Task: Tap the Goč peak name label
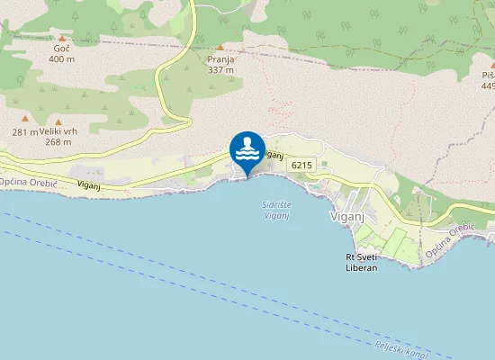click(61, 48)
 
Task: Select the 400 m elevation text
click(61, 59)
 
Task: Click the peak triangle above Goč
click(61, 37)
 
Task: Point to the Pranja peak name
click(220, 58)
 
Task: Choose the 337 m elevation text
click(220, 69)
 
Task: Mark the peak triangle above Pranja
click(220, 47)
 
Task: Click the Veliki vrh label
click(58, 130)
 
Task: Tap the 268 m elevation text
click(58, 141)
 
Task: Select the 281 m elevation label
click(25, 132)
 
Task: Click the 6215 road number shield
click(301, 165)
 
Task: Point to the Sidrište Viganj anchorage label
click(276, 211)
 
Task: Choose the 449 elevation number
click(488, 86)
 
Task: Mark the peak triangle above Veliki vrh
click(58, 120)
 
